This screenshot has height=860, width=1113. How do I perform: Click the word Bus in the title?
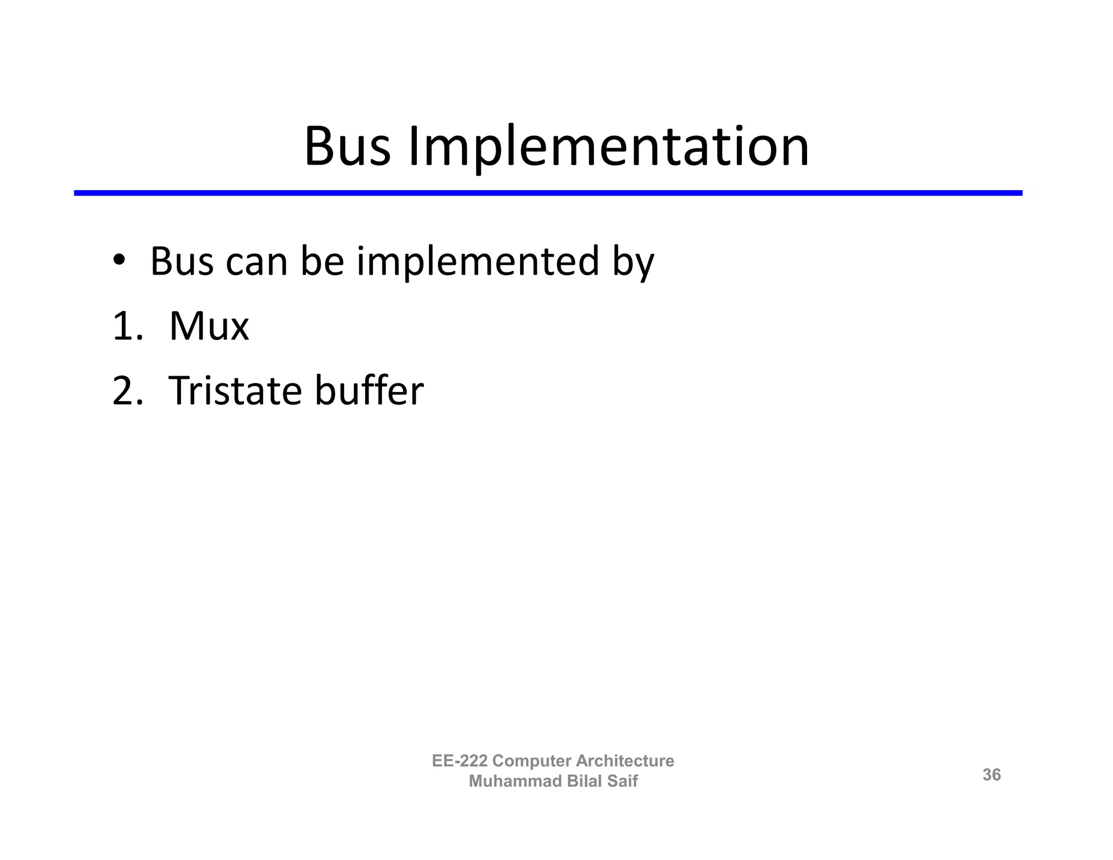[x=347, y=147]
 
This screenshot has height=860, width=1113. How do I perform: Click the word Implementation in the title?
[x=608, y=147]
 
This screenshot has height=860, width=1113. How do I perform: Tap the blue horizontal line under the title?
[x=548, y=193]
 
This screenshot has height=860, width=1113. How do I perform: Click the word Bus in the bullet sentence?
[x=182, y=262]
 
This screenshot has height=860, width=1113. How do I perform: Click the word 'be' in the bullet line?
[x=322, y=262]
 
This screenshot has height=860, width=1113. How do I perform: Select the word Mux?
[x=209, y=327]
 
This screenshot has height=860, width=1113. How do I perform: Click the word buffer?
[x=369, y=391]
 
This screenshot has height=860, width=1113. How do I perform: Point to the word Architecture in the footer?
[x=625, y=761]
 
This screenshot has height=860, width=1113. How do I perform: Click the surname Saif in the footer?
[x=622, y=781]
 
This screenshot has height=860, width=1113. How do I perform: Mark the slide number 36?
[x=991, y=775]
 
